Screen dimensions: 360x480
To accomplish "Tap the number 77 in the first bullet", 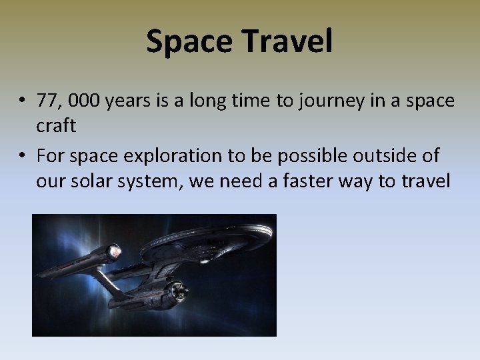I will pyautogui.click(x=47, y=101).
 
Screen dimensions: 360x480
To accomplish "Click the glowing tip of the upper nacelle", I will pyautogui.click(x=114, y=252).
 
